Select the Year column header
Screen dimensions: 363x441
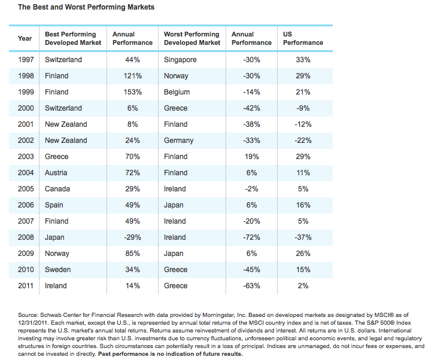click(25, 38)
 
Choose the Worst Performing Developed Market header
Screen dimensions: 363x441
click(192, 38)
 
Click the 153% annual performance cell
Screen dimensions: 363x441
click(132, 92)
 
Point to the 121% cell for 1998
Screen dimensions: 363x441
click(132, 76)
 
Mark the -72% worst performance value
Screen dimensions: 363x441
click(251, 237)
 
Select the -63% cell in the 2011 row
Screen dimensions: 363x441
click(251, 286)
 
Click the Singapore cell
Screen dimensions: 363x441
click(180, 60)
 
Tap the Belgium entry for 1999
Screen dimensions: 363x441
click(177, 92)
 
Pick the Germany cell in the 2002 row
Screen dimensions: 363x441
click(178, 141)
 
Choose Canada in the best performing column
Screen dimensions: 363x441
click(57, 189)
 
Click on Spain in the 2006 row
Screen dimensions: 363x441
click(54, 205)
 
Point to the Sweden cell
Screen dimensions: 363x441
click(58, 270)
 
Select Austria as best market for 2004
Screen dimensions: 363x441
click(57, 173)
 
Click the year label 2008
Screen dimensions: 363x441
click(25, 237)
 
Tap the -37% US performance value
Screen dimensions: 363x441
click(303, 237)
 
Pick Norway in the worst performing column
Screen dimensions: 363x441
click(176, 76)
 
